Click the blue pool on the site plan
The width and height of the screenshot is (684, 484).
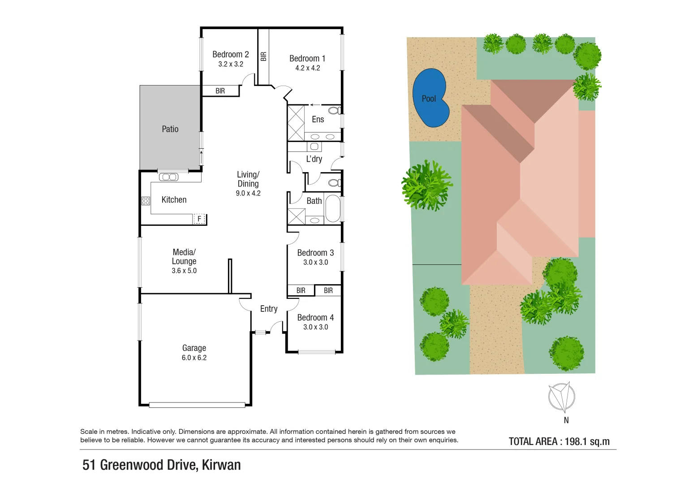pyautogui.click(x=430, y=99)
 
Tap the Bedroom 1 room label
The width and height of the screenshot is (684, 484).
pyautogui.click(x=307, y=59)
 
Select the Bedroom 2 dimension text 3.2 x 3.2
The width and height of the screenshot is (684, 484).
pyautogui.click(x=231, y=64)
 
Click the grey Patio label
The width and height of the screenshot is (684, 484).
pyautogui.click(x=170, y=129)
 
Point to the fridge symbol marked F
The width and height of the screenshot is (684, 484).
pyautogui.click(x=199, y=219)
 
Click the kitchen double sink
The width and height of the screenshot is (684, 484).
pyautogui.click(x=169, y=177)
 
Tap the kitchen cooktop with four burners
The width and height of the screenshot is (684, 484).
pyautogui.click(x=146, y=200)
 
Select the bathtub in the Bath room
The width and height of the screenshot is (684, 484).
pyautogui.click(x=333, y=208)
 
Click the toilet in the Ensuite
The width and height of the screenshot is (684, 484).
pyautogui.click(x=334, y=110)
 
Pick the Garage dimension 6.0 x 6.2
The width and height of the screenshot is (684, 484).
pyautogui.click(x=194, y=358)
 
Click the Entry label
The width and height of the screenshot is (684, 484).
pyautogui.click(x=269, y=309)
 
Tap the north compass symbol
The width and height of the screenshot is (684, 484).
pyautogui.click(x=562, y=397)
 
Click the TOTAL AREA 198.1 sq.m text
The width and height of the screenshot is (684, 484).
pyautogui.click(x=559, y=441)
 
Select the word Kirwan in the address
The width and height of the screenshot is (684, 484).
pyautogui.click(x=221, y=465)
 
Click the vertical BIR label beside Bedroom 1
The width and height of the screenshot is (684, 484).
pyautogui.click(x=263, y=56)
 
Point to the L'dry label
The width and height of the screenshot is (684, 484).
pyautogui.click(x=314, y=159)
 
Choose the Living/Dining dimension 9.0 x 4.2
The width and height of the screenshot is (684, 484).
pyautogui.click(x=248, y=193)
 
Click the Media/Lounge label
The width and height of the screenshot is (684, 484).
pyautogui.click(x=184, y=257)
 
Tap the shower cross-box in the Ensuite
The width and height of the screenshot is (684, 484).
pyautogui.click(x=296, y=123)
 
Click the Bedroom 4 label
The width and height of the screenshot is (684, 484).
pyautogui.click(x=315, y=318)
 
